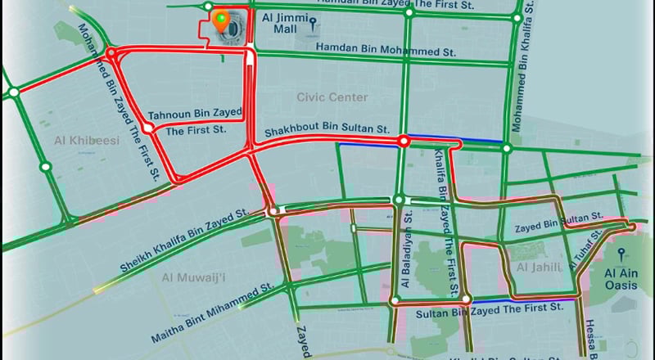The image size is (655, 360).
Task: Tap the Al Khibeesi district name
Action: click(87, 142)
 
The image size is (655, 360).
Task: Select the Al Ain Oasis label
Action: click(620, 279)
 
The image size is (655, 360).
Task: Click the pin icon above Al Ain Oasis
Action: click(620, 254)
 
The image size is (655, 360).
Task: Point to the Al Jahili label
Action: click(538, 267)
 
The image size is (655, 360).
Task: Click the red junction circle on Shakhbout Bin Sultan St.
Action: click(403, 142)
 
